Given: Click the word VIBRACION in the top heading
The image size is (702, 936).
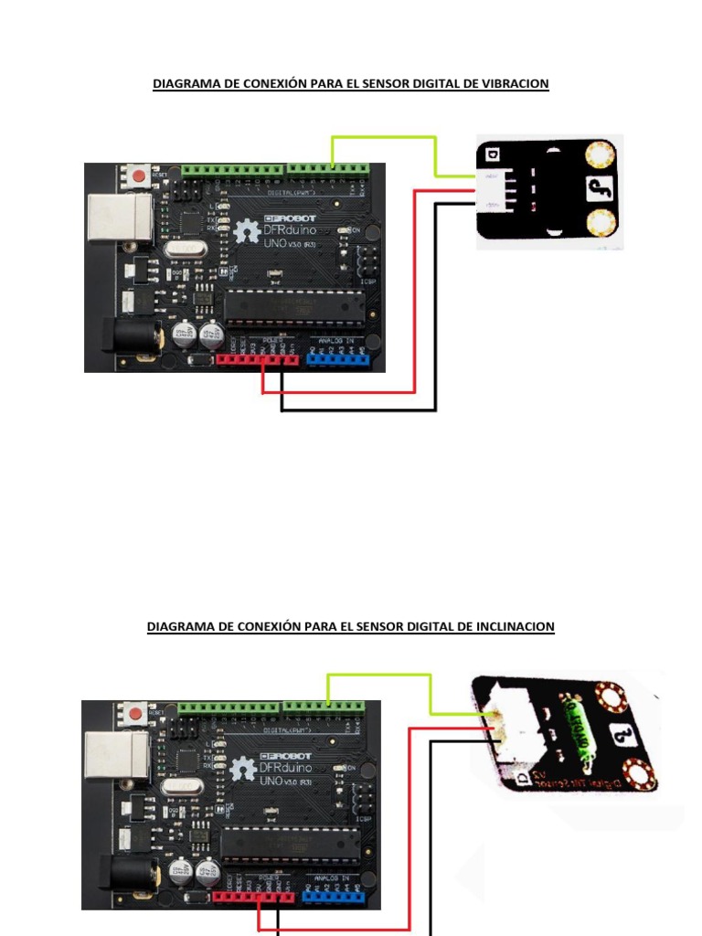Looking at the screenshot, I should coord(515,84).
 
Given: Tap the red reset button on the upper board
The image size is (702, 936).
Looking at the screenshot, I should coord(139,175).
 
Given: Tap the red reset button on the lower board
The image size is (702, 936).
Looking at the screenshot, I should coord(136,712).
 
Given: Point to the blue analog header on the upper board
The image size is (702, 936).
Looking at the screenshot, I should coord(338,357).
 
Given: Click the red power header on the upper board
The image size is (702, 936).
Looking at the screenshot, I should coord(258,358).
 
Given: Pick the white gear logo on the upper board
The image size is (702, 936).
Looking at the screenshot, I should coord(247,233).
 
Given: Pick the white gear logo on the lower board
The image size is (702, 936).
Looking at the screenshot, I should coord(244,771).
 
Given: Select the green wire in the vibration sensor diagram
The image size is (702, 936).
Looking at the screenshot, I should coord(384,137).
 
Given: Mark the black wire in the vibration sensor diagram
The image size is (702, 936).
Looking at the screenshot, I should coord(436,311).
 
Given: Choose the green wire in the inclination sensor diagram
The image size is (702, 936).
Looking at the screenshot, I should coord(379,675).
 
